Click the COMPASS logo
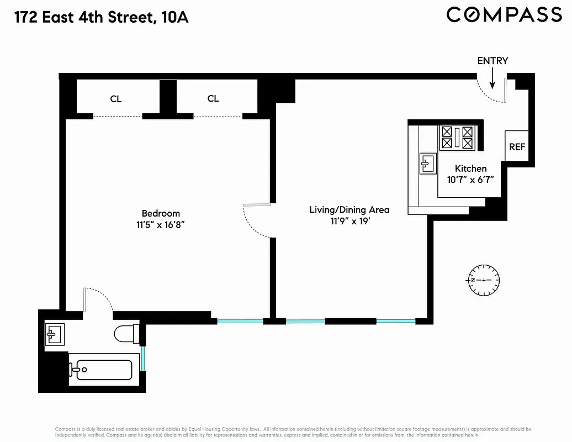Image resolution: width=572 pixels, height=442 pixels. tap(504, 14)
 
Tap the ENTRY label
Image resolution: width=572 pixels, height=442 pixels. tap(492, 61)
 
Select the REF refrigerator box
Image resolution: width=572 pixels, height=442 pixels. tap(517, 146)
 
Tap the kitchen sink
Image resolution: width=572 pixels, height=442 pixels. tap(427, 163)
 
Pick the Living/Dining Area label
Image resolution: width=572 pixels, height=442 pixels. tap(349, 209)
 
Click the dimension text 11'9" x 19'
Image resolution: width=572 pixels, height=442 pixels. tap(349, 221)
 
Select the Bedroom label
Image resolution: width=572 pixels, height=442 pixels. tap(161, 213)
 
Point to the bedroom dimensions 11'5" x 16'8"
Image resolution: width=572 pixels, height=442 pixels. tap(161, 225)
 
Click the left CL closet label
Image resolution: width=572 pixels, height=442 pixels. tap(116, 99)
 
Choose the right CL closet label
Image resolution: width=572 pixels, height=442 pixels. tap(213, 98)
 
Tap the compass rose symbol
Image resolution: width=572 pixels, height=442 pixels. tap(484, 280)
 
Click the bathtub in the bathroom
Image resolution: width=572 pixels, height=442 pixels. tap(104, 370)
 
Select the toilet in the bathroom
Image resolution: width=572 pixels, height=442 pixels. tap(125, 334)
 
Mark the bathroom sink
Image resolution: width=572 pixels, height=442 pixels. tap(55, 333)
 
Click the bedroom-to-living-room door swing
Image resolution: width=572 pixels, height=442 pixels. tap(256, 221)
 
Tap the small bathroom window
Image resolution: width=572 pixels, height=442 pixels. tap(143, 358)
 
